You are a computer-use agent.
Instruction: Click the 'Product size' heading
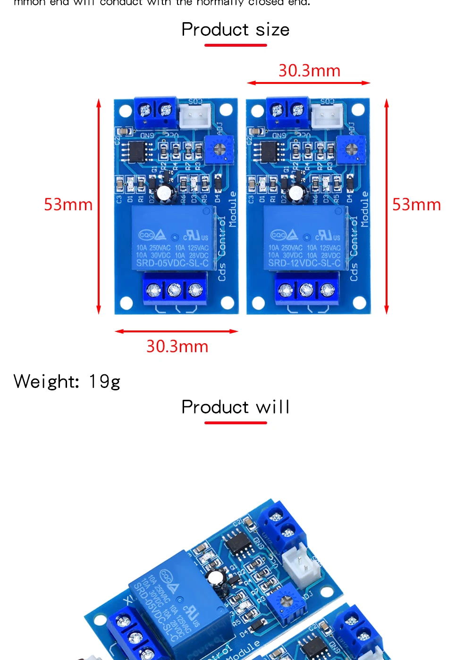pyautogui.click(x=236, y=30)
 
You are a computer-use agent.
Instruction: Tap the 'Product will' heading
pyautogui.click(x=236, y=407)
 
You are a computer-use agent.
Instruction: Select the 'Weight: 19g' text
pyautogui.click(x=67, y=381)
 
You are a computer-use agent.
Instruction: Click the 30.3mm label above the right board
pyautogui.click(x=309, y=71)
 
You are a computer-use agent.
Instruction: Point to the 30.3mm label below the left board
pyautogui.click(x=177, y=346)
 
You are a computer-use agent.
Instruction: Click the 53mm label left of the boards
pyautogui.click(x=68, y=205)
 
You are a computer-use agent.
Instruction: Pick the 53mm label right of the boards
pyautogui.click(x=416, y=205)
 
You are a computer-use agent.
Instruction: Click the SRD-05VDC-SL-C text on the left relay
pyautogui.click(x=172, y=263)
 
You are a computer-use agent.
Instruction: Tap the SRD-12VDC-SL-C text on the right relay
pyautogui.click(x=304, y=263)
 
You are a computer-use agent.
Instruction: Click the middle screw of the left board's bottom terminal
pyautogui.click(x=175, y=289)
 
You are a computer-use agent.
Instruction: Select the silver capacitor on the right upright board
pyautogui.click(x=296, y=192)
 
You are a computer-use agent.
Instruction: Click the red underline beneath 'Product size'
pyautogui.click(x=236, y=45)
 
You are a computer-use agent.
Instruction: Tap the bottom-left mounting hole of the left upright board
pyautogui.click(x=126, y=302)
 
